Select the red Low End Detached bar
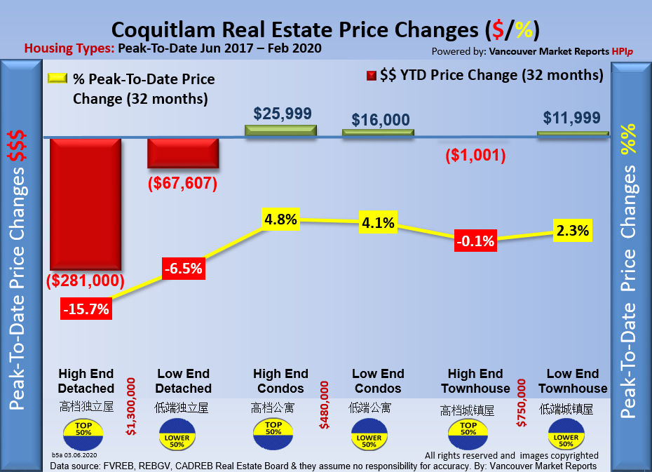(x=183, y=152)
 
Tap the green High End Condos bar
(x=280, y=130)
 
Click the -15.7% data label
(x=86, y=308)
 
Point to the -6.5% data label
(x=183, y=268)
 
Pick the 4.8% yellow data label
(x=280, y=219)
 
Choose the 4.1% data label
(x=378, y=224)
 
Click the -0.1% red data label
(x=475, y=241)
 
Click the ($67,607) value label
(x=183, y=184)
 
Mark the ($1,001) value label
(x=475, y=155)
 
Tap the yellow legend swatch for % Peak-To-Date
(x=57, y=79)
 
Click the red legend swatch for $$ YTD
(x=370, y=76)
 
